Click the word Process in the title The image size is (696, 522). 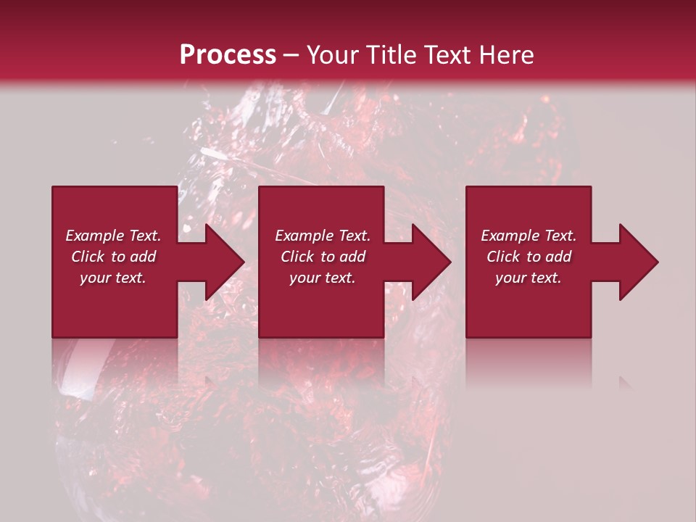click(228, 55)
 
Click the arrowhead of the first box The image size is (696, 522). click(223, 262)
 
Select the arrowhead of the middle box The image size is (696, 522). click(431, 262)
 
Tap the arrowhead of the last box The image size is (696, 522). click(638, 262)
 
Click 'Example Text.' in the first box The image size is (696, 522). click(113, 236)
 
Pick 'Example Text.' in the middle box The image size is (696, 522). click(323, 236)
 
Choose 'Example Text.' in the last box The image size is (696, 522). click(529, 236)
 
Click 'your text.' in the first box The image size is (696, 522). click(113, 278)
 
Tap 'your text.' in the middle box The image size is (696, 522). click(323, 278)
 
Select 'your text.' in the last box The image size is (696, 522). click(529, 278)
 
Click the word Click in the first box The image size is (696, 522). click(88, 257)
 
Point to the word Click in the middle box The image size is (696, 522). click(297, 257)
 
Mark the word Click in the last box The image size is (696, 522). click(503, 257)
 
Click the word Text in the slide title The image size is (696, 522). click(449, 55)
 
